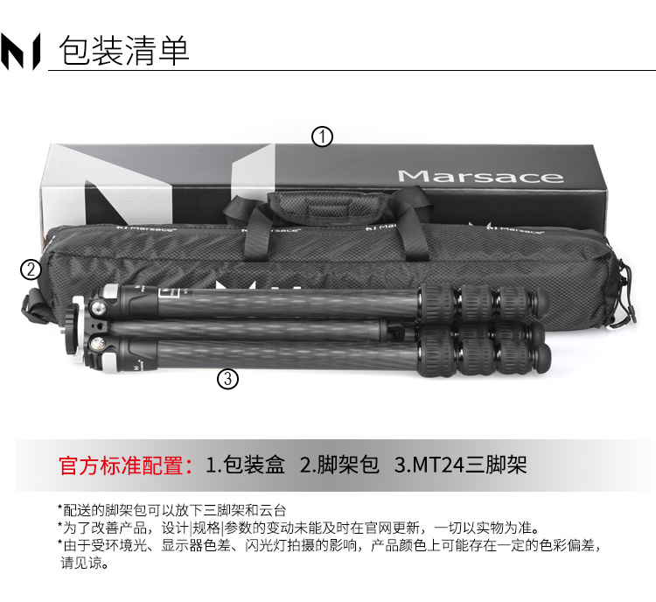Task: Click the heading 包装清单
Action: click(x=124, y=50)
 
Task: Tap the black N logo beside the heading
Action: click(x=20, y=51)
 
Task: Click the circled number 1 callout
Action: click(x=322, y=136)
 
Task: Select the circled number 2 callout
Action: click(x=31, y=269)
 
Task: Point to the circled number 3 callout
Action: click(x=228, y=379)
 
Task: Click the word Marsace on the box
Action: click(x=480, y=176)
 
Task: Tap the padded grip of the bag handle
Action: click(x=327, y=204)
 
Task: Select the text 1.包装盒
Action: click(x=245, y=465)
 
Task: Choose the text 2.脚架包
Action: click(x=339, y=465)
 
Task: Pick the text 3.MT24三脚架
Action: click(x=460, y=465)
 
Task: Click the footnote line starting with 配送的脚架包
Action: click(x=172, y=510)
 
